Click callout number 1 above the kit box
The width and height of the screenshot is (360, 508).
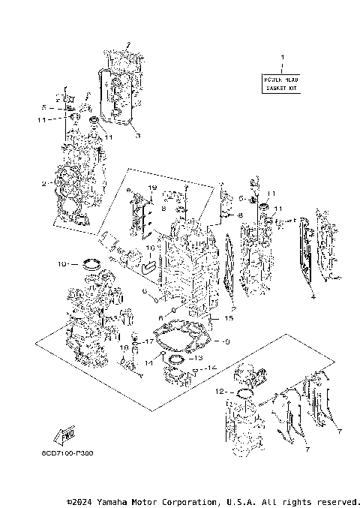coord(282,58)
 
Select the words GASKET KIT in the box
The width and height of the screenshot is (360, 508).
coord(282,88)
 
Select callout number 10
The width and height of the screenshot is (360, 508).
coord(63,264)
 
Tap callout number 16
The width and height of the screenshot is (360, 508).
coord(149,248)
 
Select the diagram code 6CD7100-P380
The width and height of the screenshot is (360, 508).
coord(73,454)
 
